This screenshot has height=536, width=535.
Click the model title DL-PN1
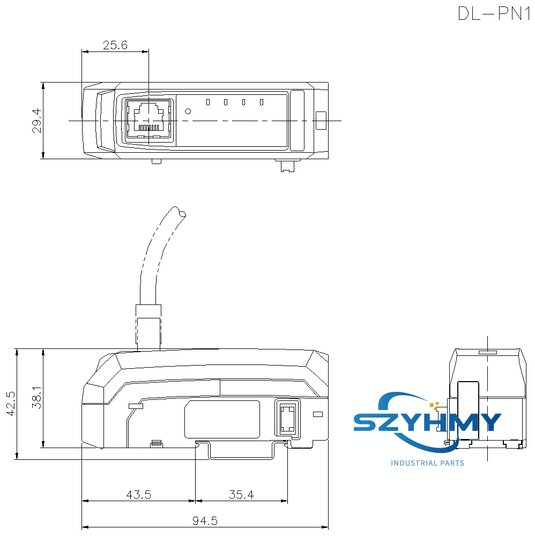click(x=493, y=13)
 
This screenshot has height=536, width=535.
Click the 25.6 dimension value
click(x=115, y=46)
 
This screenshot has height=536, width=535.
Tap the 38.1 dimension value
click(x=36, y=398)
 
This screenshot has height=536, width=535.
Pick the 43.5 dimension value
click(x=138, y=495)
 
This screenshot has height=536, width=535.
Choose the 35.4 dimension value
click(x=241, y=495)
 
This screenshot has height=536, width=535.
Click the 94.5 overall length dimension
click(x=205, y=520)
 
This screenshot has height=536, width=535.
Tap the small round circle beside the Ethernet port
click(x=188, y=111)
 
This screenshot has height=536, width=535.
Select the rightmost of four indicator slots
click(x=262, y=102)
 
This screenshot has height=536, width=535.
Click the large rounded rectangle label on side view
click(x=222, y=419)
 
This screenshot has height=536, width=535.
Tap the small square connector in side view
click(x=287, y=419)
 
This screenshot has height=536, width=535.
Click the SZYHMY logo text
click(x=428, y=422)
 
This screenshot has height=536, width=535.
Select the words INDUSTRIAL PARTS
click(x=427, y=463)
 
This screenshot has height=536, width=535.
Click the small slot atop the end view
click(x=487, y=352)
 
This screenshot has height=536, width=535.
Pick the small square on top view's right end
click(x=321, y=120)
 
